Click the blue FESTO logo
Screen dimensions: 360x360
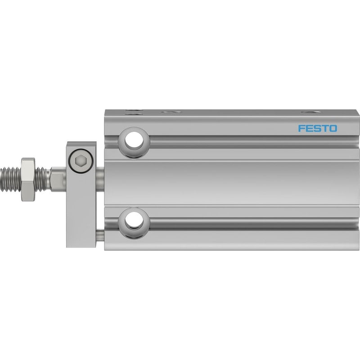point(318,128)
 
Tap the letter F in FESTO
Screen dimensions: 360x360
point(301,128)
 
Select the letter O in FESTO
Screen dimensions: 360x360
point(333,128)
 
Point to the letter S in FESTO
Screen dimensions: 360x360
point(317,128)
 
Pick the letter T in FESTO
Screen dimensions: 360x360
point(325,128)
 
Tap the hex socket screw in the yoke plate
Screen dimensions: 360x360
point(81,161)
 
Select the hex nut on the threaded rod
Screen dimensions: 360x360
point(28,179)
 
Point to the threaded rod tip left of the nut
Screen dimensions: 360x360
point(10,179)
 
